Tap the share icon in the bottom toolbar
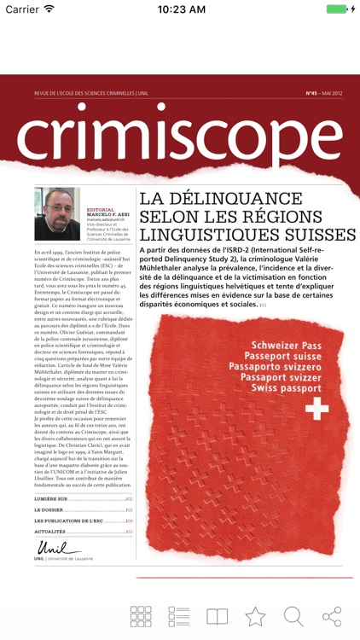(x=332, y=615)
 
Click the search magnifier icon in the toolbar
(x=293, y=615)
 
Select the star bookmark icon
(x=255, y=615)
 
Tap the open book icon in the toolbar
(x=218, y=615)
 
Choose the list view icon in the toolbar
(x=179, y=615)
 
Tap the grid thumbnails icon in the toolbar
(x=141, y=615)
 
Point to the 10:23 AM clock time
(x=180, y=9)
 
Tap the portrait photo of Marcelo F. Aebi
(x=57, y=213)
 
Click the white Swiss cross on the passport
(x=316, y=410)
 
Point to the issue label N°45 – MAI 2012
(x=323, y=93)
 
